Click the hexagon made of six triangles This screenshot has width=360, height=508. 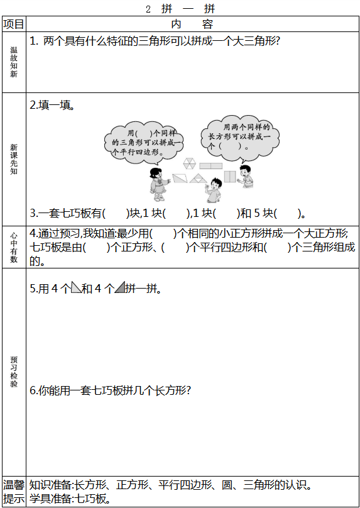pos(189,163)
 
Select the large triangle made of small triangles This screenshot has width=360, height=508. pos(198,178)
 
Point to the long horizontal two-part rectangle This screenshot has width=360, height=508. pos(210,166)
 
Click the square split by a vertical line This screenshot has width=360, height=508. pos(230,177)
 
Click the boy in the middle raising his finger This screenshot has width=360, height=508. pos(213,190)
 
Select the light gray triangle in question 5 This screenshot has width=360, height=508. pos(76,288)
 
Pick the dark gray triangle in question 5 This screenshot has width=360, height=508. pos(120,288)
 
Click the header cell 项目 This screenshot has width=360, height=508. pos(14,24)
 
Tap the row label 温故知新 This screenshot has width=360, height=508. pos(14,62)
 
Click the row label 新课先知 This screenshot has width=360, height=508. pos(14,159)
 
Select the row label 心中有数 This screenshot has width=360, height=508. pos(14,247)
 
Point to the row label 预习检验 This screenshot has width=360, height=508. pos(14,372)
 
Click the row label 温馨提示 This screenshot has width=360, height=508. pos(14,492)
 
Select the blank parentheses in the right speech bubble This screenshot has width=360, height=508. pos(230,146)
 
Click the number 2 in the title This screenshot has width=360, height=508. pos(148,9)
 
